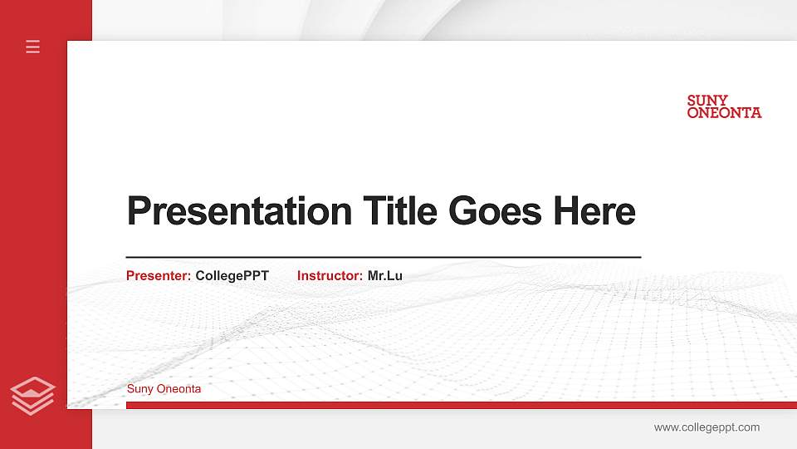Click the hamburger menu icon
pos(33,47)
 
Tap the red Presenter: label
pos(159,276)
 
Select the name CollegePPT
pos(232,276)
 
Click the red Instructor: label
pos(330,276)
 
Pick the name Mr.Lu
pos(385,276)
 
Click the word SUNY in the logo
pos(707,101)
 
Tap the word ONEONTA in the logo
pos(724,113)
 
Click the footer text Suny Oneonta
pos(164,389)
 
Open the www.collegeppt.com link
pos(707,427)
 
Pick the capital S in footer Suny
pos(130,389)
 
